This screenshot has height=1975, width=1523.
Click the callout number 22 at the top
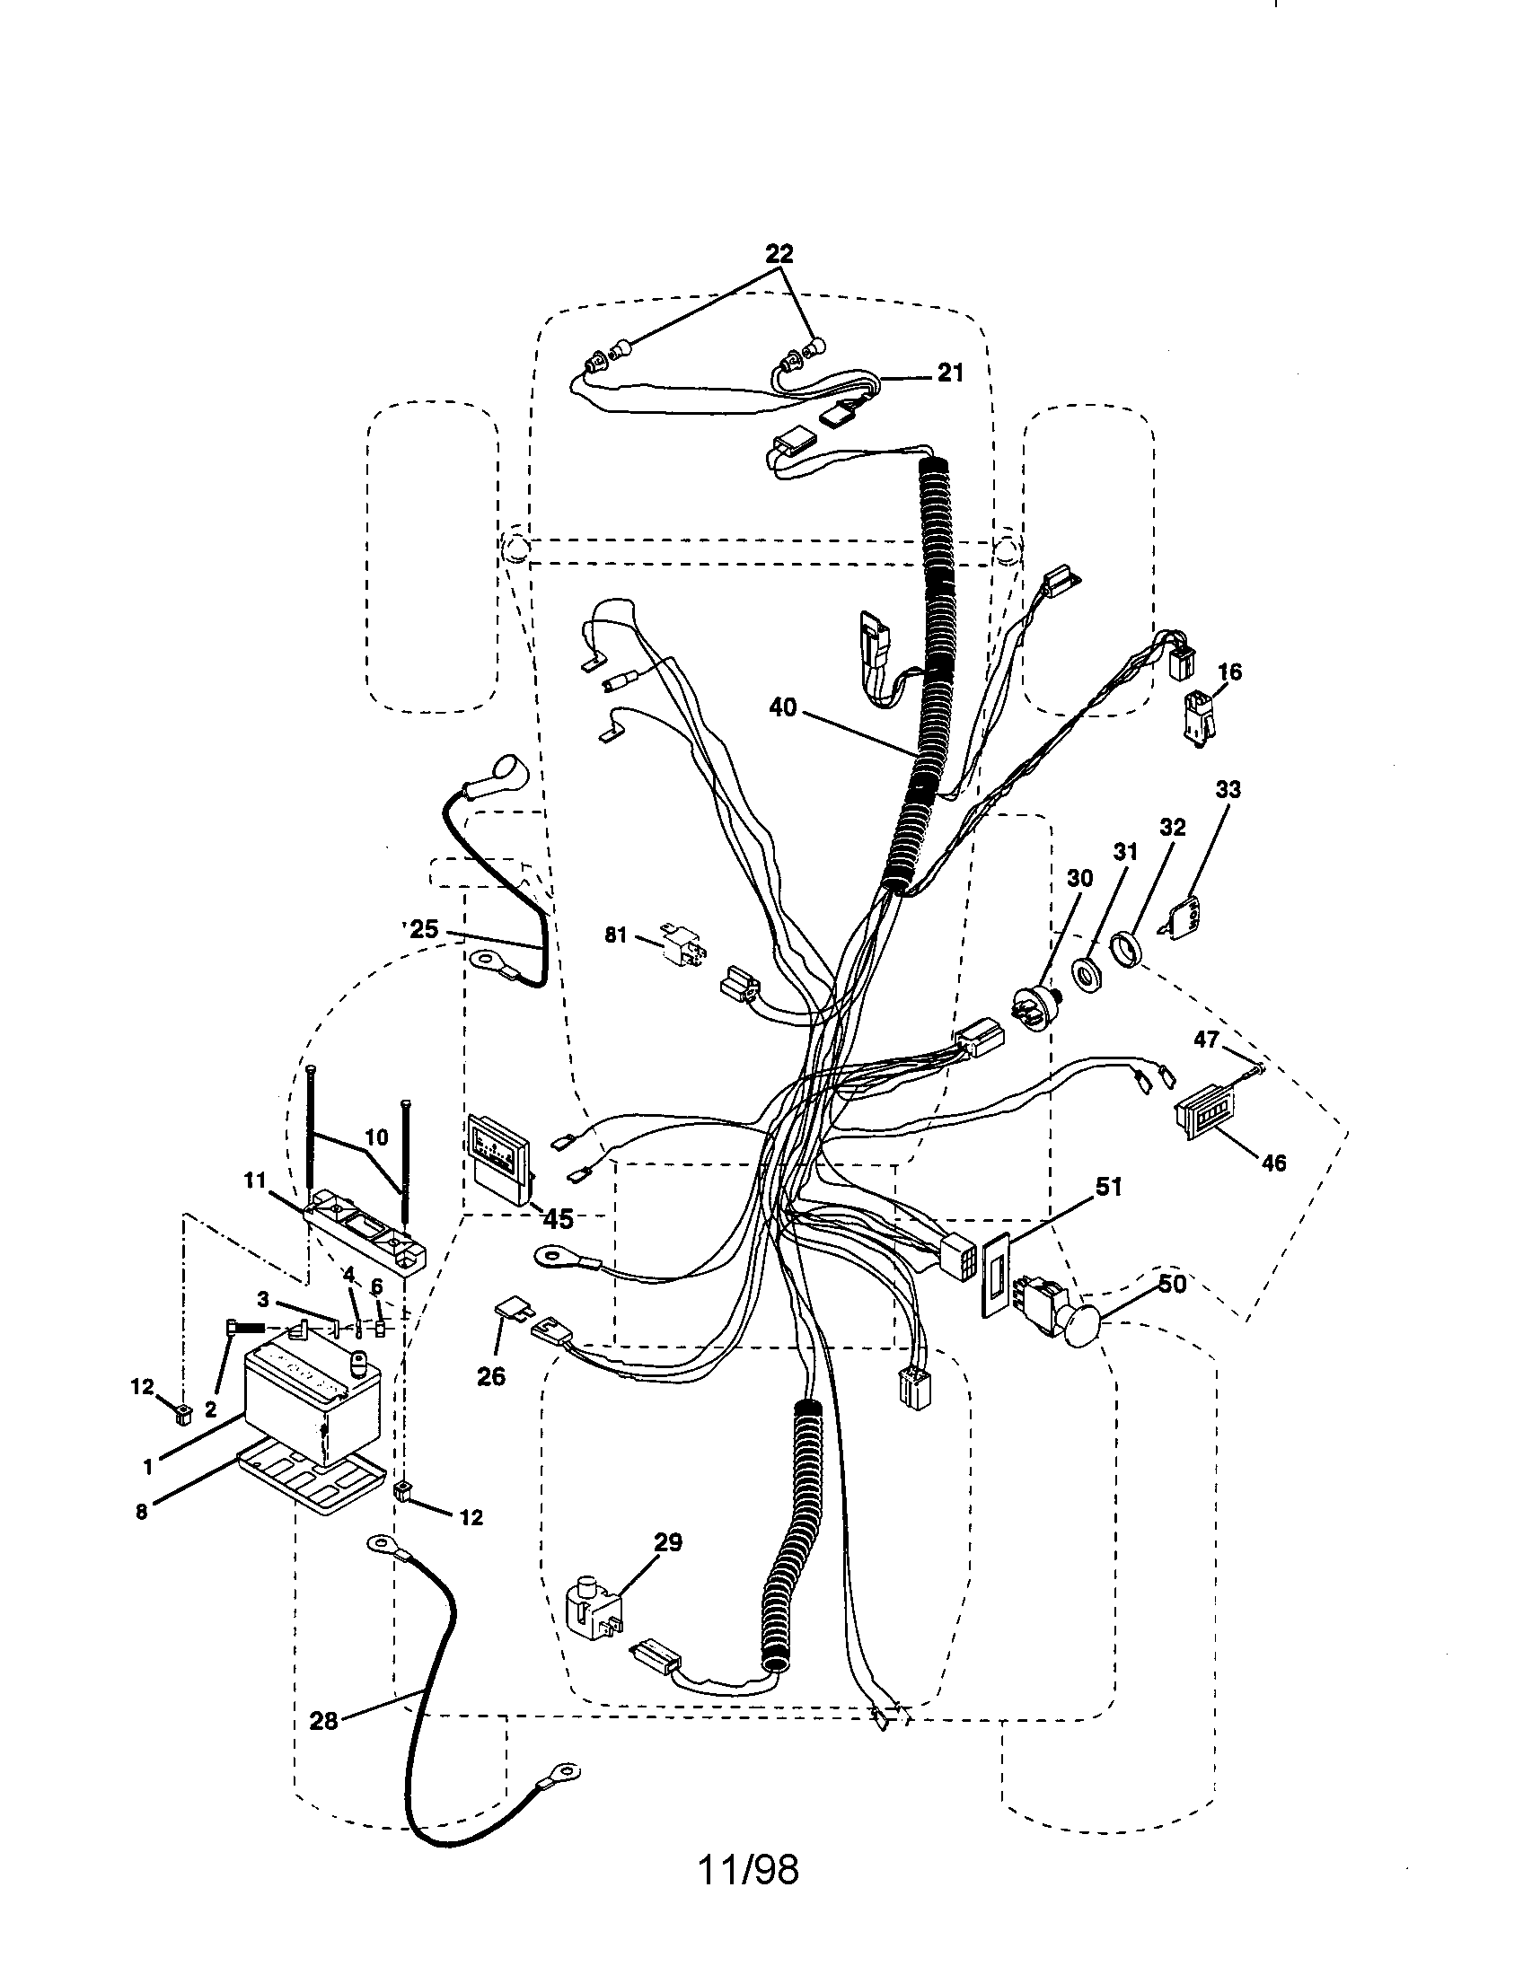pyautogui.click(x=779, y=255)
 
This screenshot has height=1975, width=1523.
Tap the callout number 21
pyautogui.click(x=950, y=373)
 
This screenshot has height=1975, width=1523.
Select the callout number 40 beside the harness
pyautogui.click(x=783, y=707)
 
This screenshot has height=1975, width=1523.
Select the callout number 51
pyautogui.click(x=1109, y=1187)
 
